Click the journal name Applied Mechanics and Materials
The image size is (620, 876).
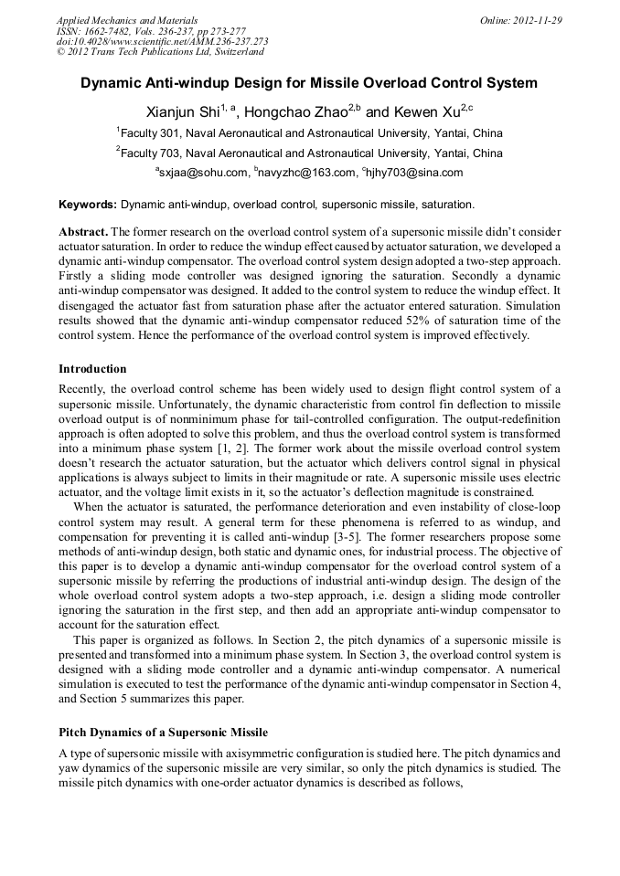(126, 19)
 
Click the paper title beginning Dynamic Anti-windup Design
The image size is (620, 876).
(309, 83)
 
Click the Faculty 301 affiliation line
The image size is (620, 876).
(309, 133)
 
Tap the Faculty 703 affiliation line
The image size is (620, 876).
(309, 153)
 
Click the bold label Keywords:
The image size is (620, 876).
(88, 205)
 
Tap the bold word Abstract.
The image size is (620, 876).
(83, 232)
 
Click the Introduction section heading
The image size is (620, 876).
(92, 369)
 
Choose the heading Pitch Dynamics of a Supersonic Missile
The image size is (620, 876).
(163, 733)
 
